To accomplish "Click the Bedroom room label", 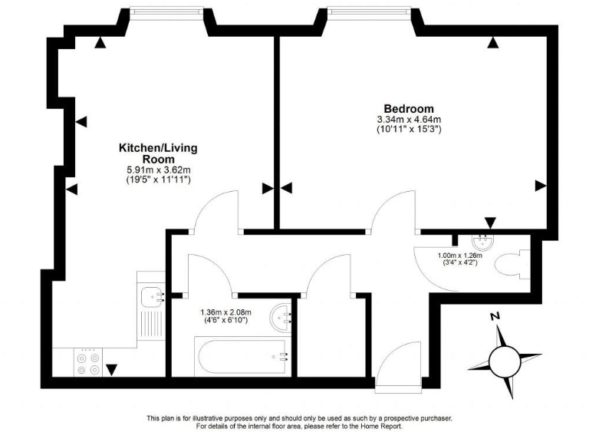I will tap(410, 108).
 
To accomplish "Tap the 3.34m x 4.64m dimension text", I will tap(409, 120).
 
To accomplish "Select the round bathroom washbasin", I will tap(281, 315).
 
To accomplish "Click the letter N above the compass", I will tap(495, 316).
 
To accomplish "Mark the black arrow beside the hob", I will tap(112, 371).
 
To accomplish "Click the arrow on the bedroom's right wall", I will tap(540, 185).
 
